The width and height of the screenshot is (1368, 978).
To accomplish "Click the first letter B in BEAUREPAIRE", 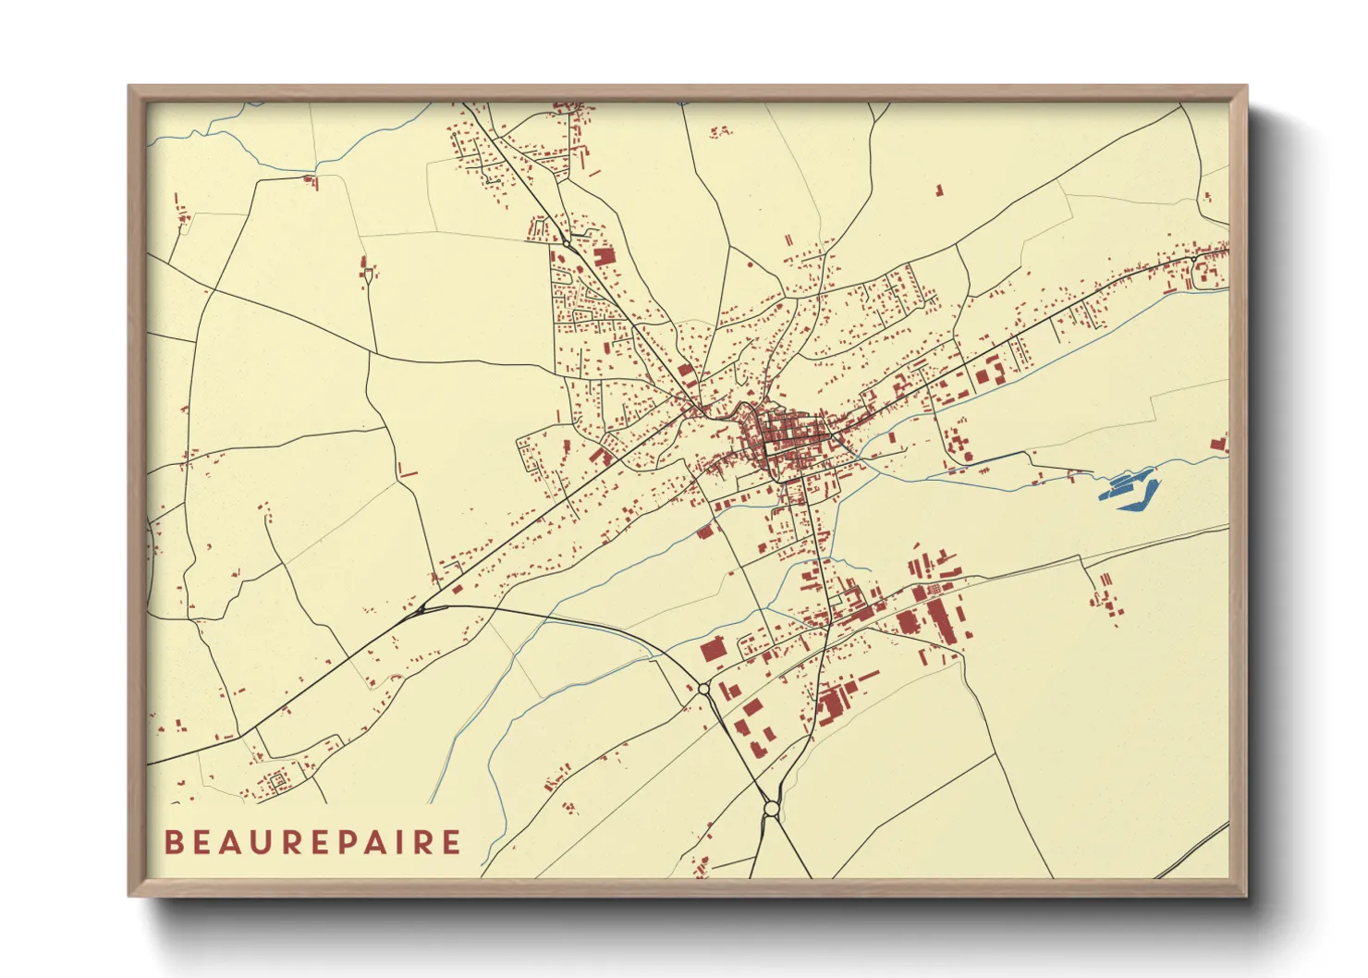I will point(173,842).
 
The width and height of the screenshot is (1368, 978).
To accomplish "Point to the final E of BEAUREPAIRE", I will point(451,842).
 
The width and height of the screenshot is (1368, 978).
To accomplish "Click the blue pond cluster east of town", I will point(1128,487).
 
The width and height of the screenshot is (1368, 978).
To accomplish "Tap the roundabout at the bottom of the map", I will point(771,810).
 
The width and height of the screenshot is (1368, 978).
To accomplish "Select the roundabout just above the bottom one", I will point(704,688).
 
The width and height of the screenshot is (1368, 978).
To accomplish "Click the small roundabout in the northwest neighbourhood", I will point(565,242).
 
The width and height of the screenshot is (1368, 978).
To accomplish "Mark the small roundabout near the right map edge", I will point(1203,273).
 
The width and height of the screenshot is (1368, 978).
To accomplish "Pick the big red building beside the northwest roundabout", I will point(604,255).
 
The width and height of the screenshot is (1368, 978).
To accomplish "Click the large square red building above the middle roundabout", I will point(712,650).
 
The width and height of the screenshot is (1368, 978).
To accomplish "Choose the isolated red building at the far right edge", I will point(1219,444).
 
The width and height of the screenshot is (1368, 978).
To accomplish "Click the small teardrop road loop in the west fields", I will point(370,274).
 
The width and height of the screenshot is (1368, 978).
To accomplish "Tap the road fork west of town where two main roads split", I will point(421,608).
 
